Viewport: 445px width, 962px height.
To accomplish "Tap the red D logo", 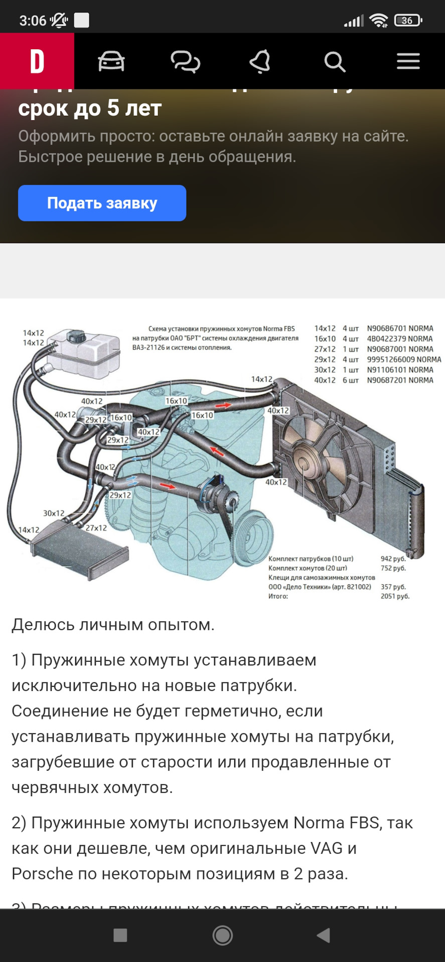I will click(37, 62).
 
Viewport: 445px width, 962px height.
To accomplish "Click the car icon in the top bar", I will click(111, 62).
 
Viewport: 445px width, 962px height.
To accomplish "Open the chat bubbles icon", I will click(185, 62).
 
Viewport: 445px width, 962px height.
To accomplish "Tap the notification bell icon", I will click(260, 62).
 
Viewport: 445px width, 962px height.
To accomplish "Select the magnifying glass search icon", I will click(334, 62).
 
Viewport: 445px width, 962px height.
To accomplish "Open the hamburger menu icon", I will click(408, 62).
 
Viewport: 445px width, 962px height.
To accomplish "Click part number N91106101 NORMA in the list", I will click(400, 370).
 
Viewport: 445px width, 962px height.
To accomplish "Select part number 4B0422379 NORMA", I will click(399, 339).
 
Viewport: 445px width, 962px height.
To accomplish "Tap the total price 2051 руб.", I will click(395, 596).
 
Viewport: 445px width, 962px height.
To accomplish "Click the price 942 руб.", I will click(393, 559).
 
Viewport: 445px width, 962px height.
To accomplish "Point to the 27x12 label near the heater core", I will click(96, 528).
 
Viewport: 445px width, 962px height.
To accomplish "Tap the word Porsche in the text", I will click(42, 874).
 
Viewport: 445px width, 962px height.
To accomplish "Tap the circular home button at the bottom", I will click(222, 935).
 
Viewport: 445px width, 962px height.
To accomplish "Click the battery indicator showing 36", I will click(407, 21).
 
